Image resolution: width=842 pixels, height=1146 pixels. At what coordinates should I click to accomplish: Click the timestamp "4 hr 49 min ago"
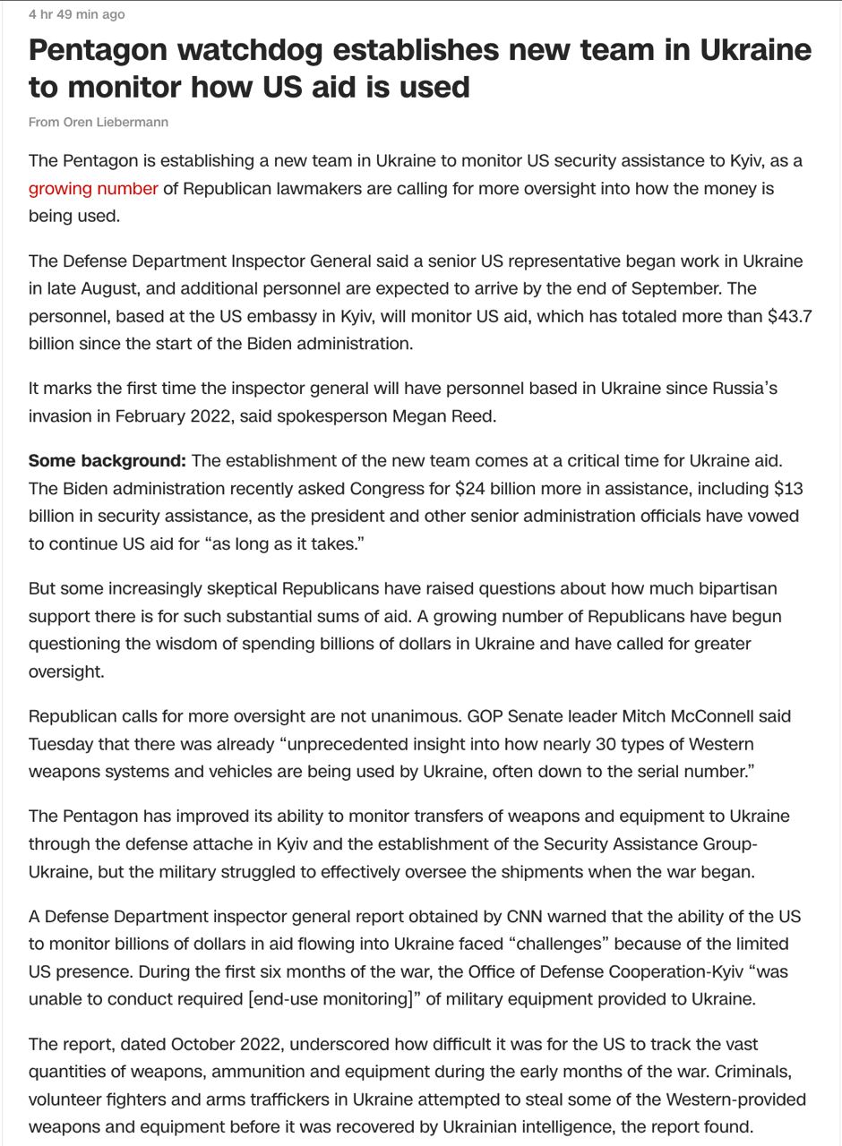(77, 14)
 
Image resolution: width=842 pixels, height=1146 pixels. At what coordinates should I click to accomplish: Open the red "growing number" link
(93, 189)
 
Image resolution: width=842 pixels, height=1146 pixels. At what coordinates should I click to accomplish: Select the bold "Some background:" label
(107, 461)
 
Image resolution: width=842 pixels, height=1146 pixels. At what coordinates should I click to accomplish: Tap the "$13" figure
(788, 489)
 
